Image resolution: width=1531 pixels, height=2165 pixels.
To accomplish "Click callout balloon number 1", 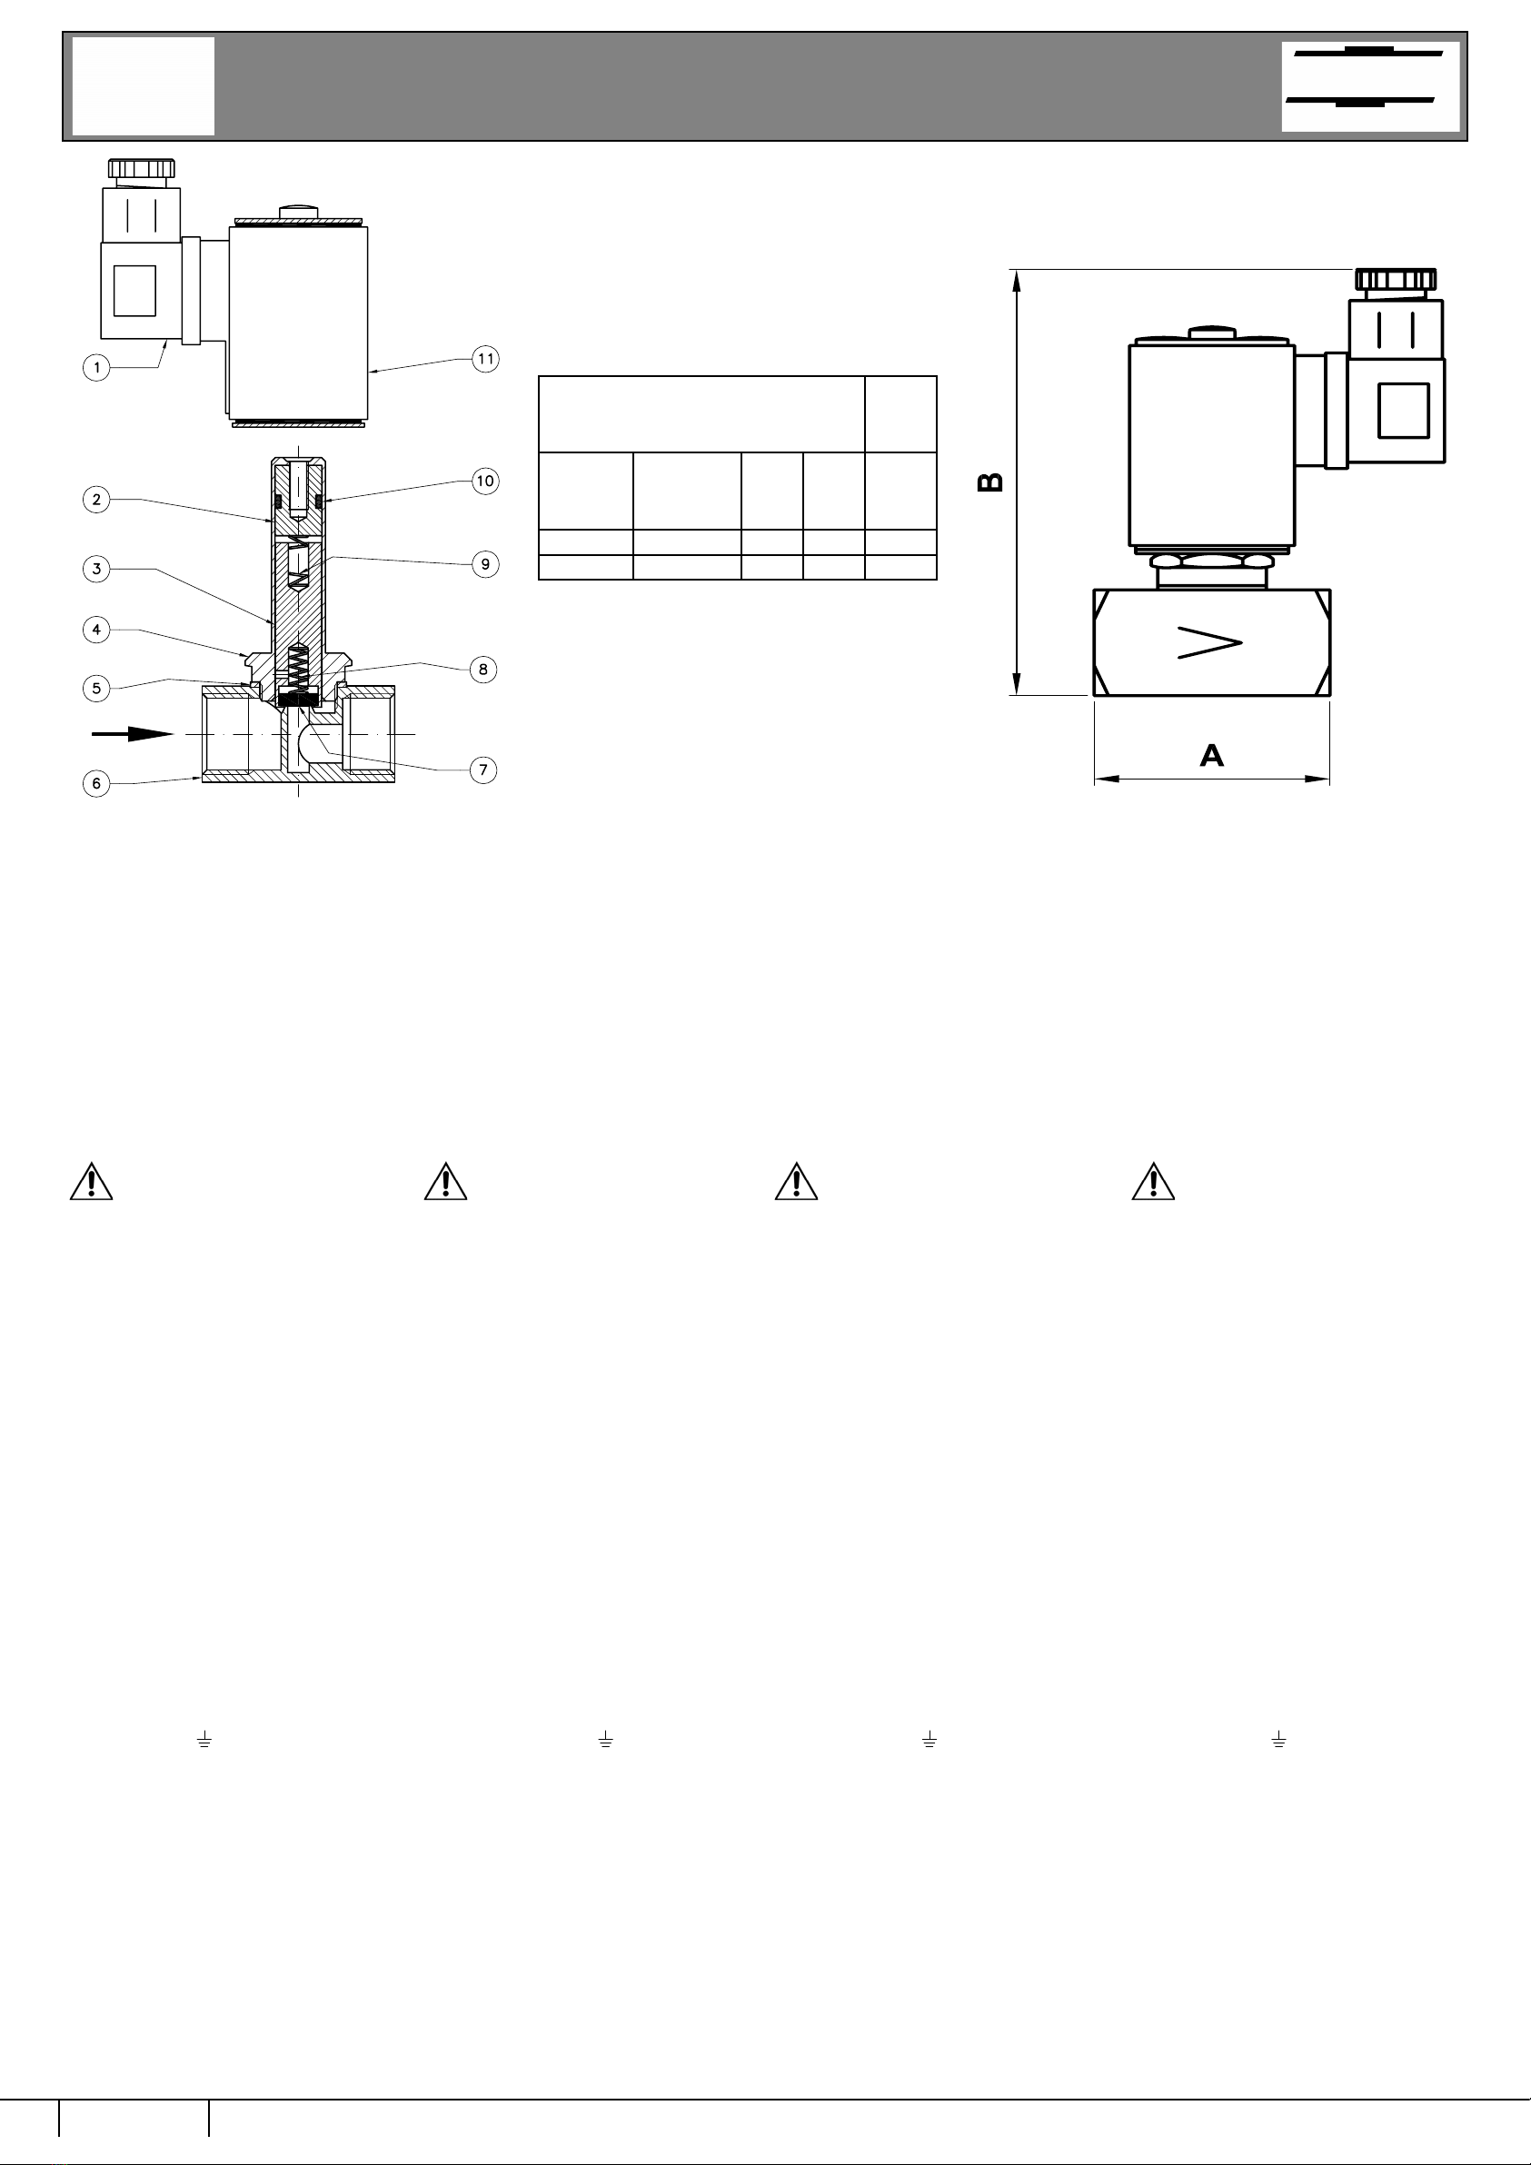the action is point(96,367).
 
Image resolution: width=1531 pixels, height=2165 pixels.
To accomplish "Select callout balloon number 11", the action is point(485,358).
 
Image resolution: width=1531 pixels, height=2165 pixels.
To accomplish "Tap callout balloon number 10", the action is point(485,481).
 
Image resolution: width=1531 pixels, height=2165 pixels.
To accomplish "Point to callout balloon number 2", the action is point(96,500).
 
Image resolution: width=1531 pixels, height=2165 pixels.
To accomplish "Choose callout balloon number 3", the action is point(96,569).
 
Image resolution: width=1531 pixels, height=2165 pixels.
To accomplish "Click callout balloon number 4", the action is point(96,629).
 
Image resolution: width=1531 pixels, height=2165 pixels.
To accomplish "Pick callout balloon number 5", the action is point(96,689).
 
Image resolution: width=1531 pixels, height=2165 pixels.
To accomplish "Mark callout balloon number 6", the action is point(96,783).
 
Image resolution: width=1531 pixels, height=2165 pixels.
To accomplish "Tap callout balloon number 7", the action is point(483,770).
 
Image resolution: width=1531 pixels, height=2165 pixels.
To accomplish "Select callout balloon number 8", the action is point(483,670).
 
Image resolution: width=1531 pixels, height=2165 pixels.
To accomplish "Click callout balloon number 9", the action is point(485,564).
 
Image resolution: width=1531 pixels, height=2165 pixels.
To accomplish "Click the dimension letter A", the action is point(1211,755).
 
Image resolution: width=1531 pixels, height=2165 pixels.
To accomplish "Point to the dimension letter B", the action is point(989,482).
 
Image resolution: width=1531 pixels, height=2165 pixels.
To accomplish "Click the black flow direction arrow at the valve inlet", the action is point(133,733).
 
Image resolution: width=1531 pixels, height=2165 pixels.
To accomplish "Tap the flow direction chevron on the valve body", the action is point(1210,642).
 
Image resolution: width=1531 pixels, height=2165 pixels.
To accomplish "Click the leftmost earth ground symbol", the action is point(204,1740).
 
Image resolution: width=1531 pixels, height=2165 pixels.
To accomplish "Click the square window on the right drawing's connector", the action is point(1404,410).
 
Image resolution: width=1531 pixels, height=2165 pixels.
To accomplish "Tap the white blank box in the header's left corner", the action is point(144,85).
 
